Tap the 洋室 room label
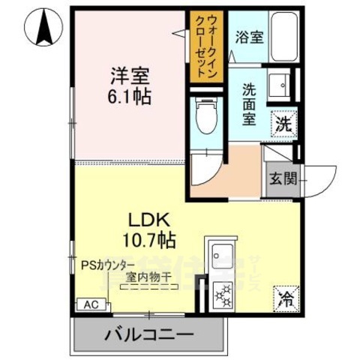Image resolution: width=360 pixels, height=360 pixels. [129, 76]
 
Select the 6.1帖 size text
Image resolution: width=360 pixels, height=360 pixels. [129, 97]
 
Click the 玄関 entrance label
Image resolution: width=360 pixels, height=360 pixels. [281, 178]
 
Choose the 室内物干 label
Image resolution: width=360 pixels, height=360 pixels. [148, 278]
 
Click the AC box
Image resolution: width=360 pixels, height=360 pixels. [88, 305]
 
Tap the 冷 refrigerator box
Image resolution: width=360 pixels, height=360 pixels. [286, 300]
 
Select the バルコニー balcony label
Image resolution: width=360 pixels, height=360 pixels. [148, 333]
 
